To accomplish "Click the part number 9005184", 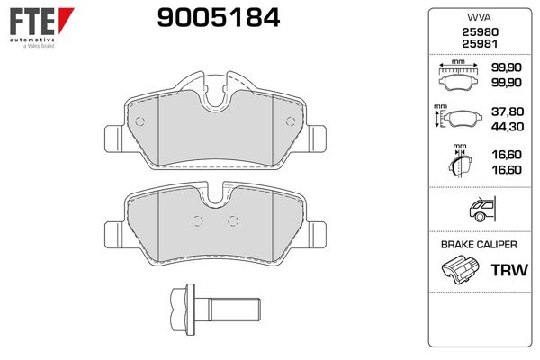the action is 219,18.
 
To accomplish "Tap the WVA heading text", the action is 479,17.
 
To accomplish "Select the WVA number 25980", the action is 480,32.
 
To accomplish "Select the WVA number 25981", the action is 480,44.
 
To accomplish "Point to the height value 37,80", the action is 508,112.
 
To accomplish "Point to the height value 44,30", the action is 508,127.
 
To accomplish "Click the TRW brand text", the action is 509,270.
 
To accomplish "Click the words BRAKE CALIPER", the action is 479,245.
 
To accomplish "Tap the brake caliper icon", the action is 460,269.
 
